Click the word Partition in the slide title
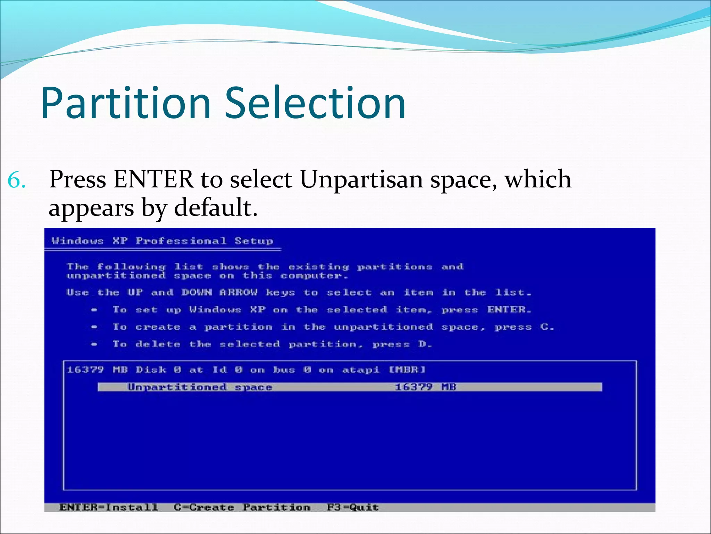point(126,103)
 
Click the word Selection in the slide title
point(315,103)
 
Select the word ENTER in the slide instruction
point(153,180)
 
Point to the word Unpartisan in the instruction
point(361,180)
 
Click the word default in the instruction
point(216,208)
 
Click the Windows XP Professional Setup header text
point(162,241)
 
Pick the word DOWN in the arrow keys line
point(196,292)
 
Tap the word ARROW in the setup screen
point(239,292)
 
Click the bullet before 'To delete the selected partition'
point(94,344)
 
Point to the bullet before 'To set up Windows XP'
point(94,310)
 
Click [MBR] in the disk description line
point(408,370)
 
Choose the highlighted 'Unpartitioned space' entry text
point(200,387)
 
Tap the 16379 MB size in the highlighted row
point(426,387)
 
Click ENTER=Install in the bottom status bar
point(109,507)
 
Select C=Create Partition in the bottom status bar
point(242,507)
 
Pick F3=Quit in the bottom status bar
point(353,507)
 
